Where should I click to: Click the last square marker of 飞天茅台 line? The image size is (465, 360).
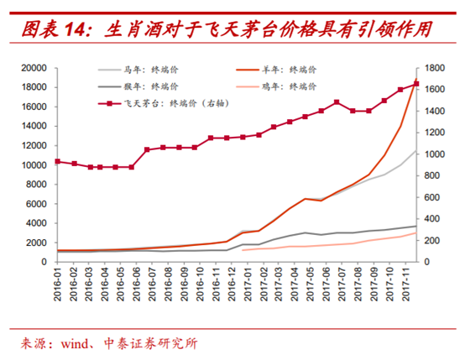415,83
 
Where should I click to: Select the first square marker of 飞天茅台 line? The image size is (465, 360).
57,161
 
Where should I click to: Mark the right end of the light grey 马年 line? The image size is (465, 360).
415,151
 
